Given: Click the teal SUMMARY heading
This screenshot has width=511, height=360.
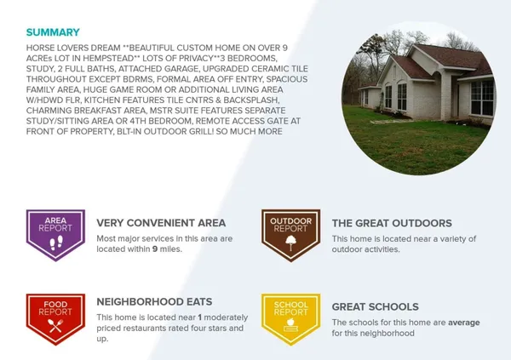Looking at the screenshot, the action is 53,32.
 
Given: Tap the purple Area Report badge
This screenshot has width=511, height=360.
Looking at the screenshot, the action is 55,235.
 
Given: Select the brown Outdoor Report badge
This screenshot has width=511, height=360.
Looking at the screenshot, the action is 290,235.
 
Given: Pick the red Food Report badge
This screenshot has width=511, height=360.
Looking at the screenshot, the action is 55,319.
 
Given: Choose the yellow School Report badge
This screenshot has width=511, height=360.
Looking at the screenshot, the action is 290,319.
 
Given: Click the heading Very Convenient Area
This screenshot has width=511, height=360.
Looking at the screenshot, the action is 161,223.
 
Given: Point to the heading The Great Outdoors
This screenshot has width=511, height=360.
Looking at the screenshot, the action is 392,223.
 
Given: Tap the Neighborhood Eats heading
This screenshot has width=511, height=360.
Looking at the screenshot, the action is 154,301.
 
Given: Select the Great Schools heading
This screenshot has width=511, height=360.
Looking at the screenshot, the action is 375,307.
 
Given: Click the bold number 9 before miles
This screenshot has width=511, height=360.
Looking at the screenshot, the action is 155,249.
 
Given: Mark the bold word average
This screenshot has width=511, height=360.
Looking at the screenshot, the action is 464,323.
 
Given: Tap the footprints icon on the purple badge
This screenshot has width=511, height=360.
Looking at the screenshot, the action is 56,243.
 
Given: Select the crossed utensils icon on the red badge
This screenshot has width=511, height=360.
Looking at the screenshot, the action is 55,326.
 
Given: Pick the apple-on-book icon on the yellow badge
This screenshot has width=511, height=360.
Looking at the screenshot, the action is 290,325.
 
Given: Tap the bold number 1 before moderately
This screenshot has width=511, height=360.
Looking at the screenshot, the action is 199,317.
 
